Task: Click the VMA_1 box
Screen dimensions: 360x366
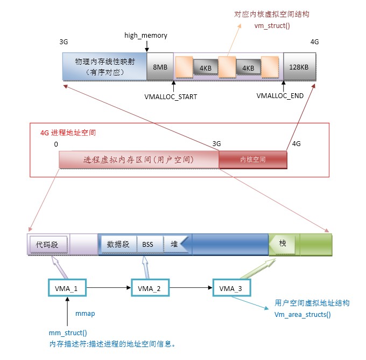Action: pyautogui.click(x=67, y=289)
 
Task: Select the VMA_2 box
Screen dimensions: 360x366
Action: pyautogui.click(x=150, y=289)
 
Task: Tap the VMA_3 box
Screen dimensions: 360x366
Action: pyautogui.click(x=231, y=289)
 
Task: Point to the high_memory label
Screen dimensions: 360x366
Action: pyautogui.click(x=146, y=36)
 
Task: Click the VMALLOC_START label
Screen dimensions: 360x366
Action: pyautogui.click(x=171, y=97)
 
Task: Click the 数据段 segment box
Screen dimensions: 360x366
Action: pyautogui.click(x=118, y=244)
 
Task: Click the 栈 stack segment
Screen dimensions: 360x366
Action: pyautogui.click(x=283, y=244)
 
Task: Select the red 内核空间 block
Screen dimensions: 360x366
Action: pyautogui.click(x=252, y=160)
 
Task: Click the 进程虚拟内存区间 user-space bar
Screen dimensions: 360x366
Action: pyautogui.click(x=139, y=160)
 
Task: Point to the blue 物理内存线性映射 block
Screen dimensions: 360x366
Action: pyautogui.click(x=104, y=67)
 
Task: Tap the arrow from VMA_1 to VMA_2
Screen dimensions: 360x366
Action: pyautogui.click(x=109, y=289)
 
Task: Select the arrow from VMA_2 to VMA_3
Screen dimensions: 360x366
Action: pyautogui.click(x=191, y=289)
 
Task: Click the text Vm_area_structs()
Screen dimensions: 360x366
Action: pyautogui.click(x=303, y=314)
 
